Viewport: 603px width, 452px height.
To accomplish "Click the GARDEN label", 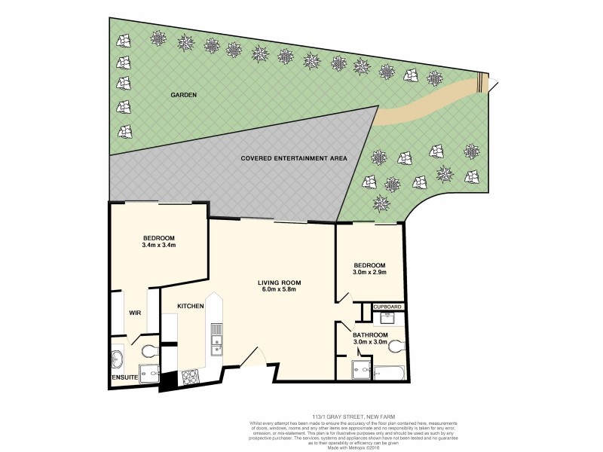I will click(182, 96).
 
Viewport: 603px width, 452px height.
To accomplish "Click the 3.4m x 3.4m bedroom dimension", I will click(158, 246).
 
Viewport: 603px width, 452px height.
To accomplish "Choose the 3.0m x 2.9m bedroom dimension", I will click(370, 273).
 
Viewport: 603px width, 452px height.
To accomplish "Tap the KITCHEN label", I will click(191, 307).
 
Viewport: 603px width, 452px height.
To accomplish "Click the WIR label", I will click(136, 312).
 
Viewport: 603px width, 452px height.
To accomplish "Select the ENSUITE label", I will click(124, 377).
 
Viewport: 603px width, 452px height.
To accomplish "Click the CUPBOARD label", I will click(387, 307).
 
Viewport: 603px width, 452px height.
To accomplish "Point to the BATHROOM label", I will click(370, 334).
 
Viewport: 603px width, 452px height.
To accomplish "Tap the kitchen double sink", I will click(216, 339).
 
